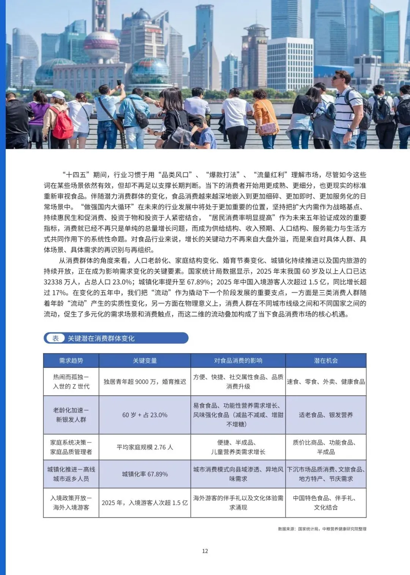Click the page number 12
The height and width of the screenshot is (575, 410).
[205, 551]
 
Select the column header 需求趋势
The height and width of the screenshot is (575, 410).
[71, 361]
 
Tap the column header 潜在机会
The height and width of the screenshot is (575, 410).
[326, 361]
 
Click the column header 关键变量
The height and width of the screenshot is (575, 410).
[145, 361]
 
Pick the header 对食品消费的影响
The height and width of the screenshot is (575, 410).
[238, 361]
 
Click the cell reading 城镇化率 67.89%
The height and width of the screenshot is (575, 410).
[145, 474]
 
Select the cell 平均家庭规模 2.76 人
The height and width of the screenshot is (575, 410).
[145, 447]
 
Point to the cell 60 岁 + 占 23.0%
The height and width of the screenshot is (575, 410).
[145, 415]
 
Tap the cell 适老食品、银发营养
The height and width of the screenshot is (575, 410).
[326, 415]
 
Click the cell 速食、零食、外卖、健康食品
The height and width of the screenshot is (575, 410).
[326, 381]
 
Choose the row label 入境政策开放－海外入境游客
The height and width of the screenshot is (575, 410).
[71, 503]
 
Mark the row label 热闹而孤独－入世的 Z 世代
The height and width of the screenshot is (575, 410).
[71, 381]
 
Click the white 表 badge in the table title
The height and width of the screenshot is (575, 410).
[55, 338]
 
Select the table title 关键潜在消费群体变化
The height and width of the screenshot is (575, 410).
[101, 339]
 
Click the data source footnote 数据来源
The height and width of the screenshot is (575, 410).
[322, 529]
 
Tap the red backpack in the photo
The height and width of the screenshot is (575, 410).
[62, 124]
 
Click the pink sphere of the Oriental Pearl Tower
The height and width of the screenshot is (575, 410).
[101, 45]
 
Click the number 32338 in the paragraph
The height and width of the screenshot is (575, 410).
[54, 282]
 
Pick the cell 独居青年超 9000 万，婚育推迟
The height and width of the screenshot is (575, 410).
[145, 381]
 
